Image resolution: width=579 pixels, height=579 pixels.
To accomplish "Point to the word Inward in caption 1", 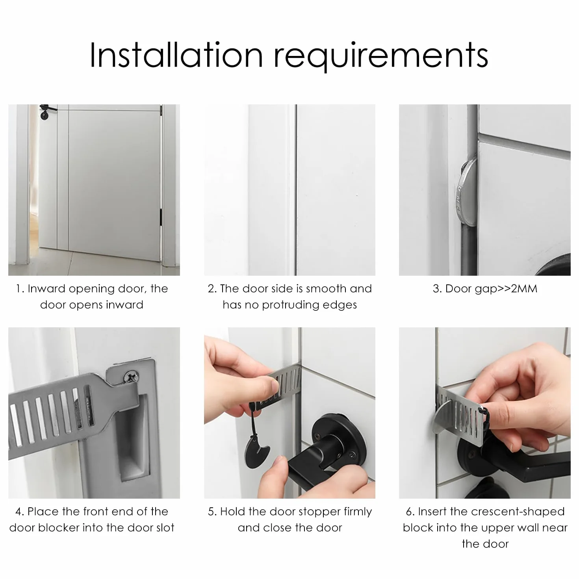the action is [46, 288].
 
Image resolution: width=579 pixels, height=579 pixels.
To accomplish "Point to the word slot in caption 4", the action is [164, 528].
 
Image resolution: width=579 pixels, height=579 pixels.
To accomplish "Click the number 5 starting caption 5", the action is [212, 512].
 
